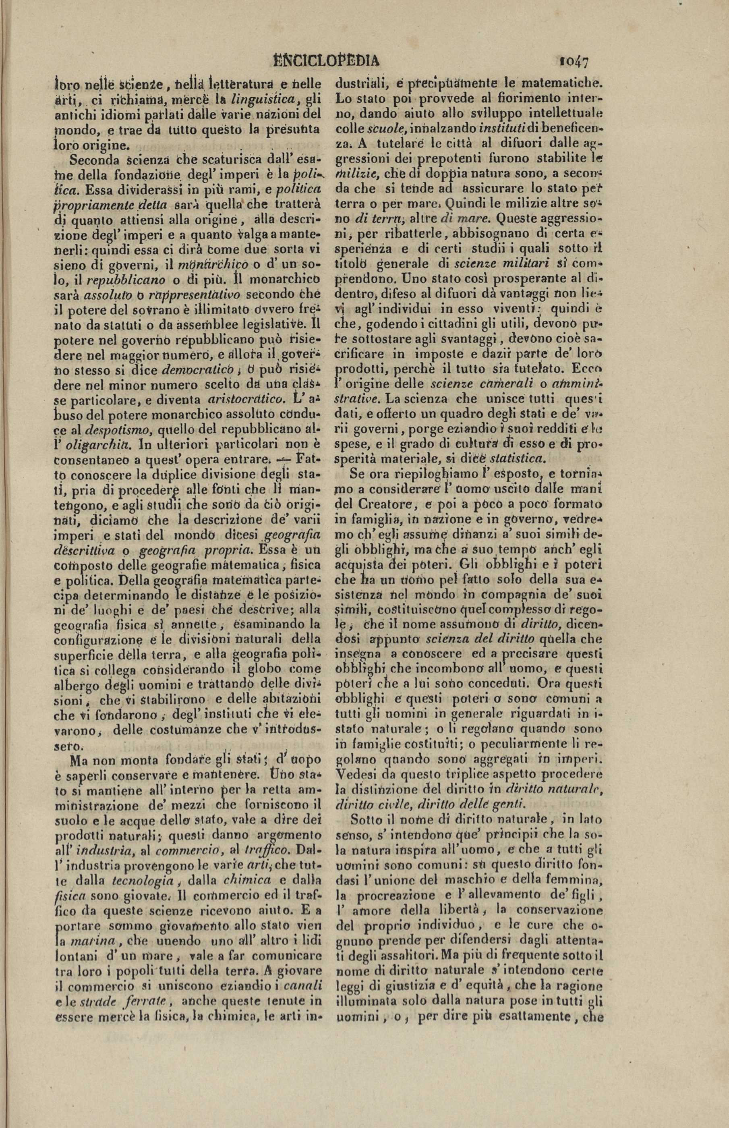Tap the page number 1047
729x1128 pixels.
point(573,61)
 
